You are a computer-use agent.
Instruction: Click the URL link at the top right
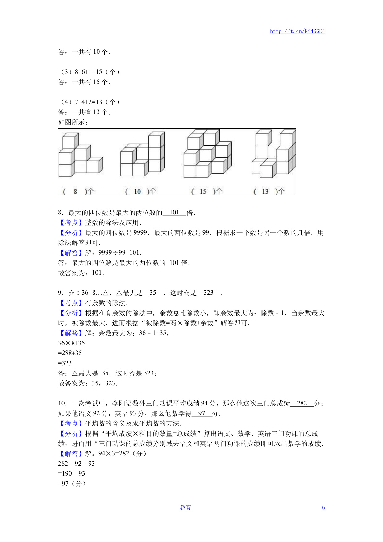click(297, 31)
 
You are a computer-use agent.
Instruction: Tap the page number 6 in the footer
click(323, 507)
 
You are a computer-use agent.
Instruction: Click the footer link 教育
click(185, 507)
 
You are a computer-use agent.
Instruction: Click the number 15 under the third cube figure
click(203, 192)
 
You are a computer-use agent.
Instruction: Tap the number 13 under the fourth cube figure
click(265, 192)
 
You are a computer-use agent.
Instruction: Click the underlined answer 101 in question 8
click(174, 213)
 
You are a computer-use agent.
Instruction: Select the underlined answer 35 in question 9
click(153, 293)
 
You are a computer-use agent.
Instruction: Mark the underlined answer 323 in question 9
click(209, 293)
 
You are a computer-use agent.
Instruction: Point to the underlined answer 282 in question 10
click(302, 403)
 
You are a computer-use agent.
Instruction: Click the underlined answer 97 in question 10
click(202, 413)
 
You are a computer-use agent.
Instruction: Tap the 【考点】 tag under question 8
click(71, 222)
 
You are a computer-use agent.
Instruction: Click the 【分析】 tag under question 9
click(71, 313)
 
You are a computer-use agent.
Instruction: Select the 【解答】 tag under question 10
click(71, 454)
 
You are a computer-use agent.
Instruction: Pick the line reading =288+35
click(70, 353)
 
